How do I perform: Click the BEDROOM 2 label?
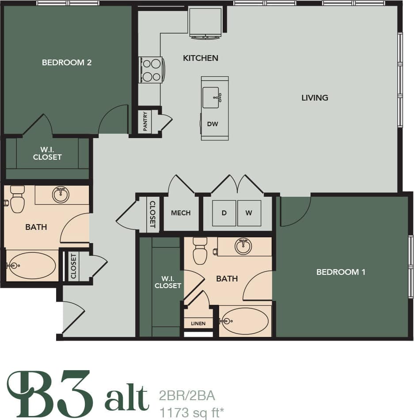pos(67,63)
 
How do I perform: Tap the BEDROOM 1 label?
pos(341,272)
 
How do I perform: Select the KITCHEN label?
pos(201,58)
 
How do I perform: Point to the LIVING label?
pos(315,97)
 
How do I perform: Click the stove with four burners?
pos(151,70)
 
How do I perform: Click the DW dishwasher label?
pos(213,124)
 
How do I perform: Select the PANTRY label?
pos(145,121)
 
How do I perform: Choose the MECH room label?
pos(181,213)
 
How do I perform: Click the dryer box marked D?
pos(224,213)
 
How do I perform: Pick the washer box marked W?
pos(249,213)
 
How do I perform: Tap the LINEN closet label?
pos(198,323)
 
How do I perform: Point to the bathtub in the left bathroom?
pos(32,266)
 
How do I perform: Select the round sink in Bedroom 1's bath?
pos(243,246)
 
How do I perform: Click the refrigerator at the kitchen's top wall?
pos(205,23)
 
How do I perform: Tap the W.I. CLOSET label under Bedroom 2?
pos(47,154)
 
